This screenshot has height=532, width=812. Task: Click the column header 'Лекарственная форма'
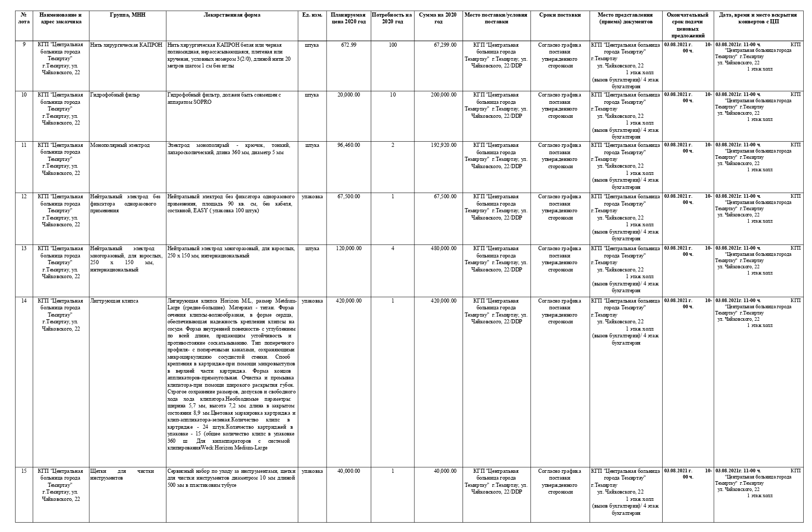pyautogui.click(x=232, y=15)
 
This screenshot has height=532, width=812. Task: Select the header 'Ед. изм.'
pyautogui.click(x=312, y=15)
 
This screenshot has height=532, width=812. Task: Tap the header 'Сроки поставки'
pyautogui.click(x=559, y=15)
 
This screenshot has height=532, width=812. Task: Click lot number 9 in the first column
pyautogui.click(x=24, y=45)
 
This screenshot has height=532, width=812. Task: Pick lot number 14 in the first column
pyautogui.click(x=24, y=301)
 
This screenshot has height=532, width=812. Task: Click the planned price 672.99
pyautogui.click(x=348, y=45)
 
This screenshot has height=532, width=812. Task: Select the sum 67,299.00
pyautogui.click(x=445, y=45)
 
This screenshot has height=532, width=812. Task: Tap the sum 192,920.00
pyautogui.click(x=444, y=145)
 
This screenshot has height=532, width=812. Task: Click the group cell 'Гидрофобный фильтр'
pyautogui.click(x=115, y=95)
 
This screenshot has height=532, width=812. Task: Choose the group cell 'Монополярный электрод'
pyautogui.click(x=120, y=145)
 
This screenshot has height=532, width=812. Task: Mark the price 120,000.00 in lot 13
pyautogui.click(x=348, y=249)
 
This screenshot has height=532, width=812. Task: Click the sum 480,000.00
pyautogui.click(x=444, y=249)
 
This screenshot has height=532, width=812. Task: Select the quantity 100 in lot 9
pyautogui.click(x=393, y=45)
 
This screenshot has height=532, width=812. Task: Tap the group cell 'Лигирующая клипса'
pyautogui.click(x=114, y=301)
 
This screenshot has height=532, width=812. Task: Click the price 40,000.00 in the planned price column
pyautogui.click(x=348, y=471)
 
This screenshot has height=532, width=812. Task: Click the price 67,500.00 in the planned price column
pyautogui.click(x=348, y=197)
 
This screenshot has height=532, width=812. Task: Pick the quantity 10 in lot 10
pyautogui.click(x=393, y=95)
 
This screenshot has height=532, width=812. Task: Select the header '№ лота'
pyautogui.click(x=24, y=18)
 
